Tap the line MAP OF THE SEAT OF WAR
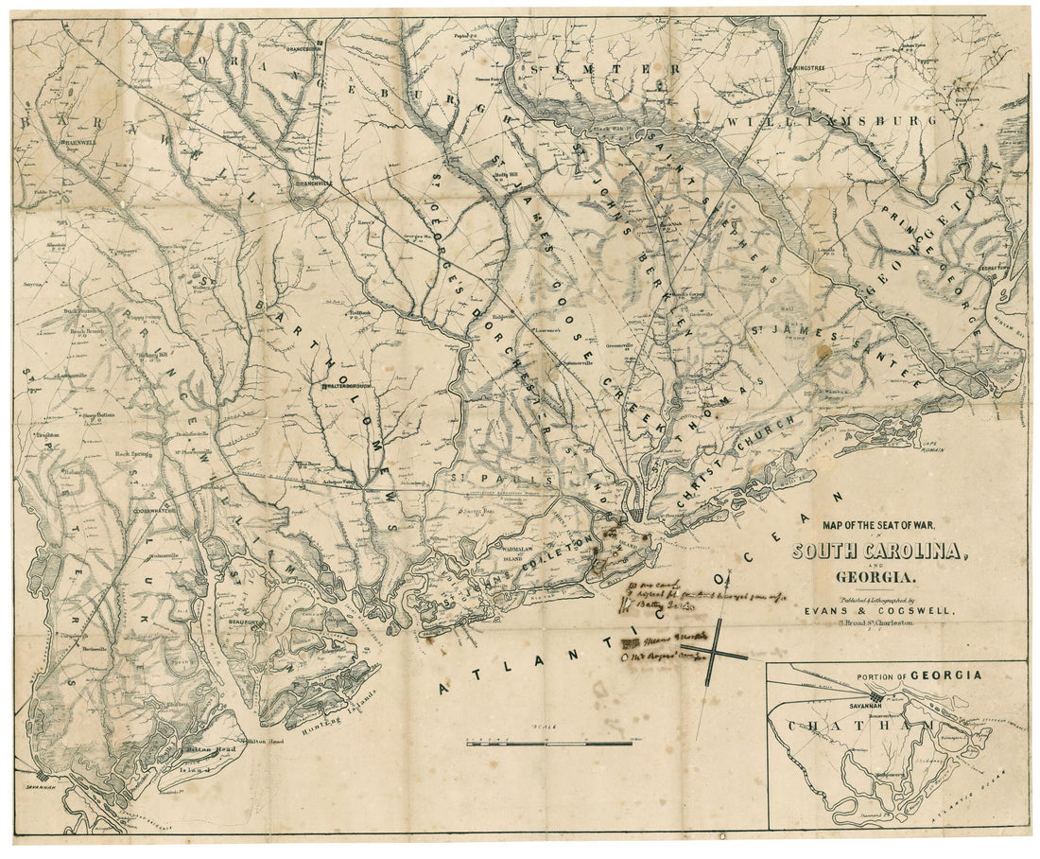tap(878, 523)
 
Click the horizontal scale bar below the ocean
tap(548, 744)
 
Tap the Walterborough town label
tap(351, 387)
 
